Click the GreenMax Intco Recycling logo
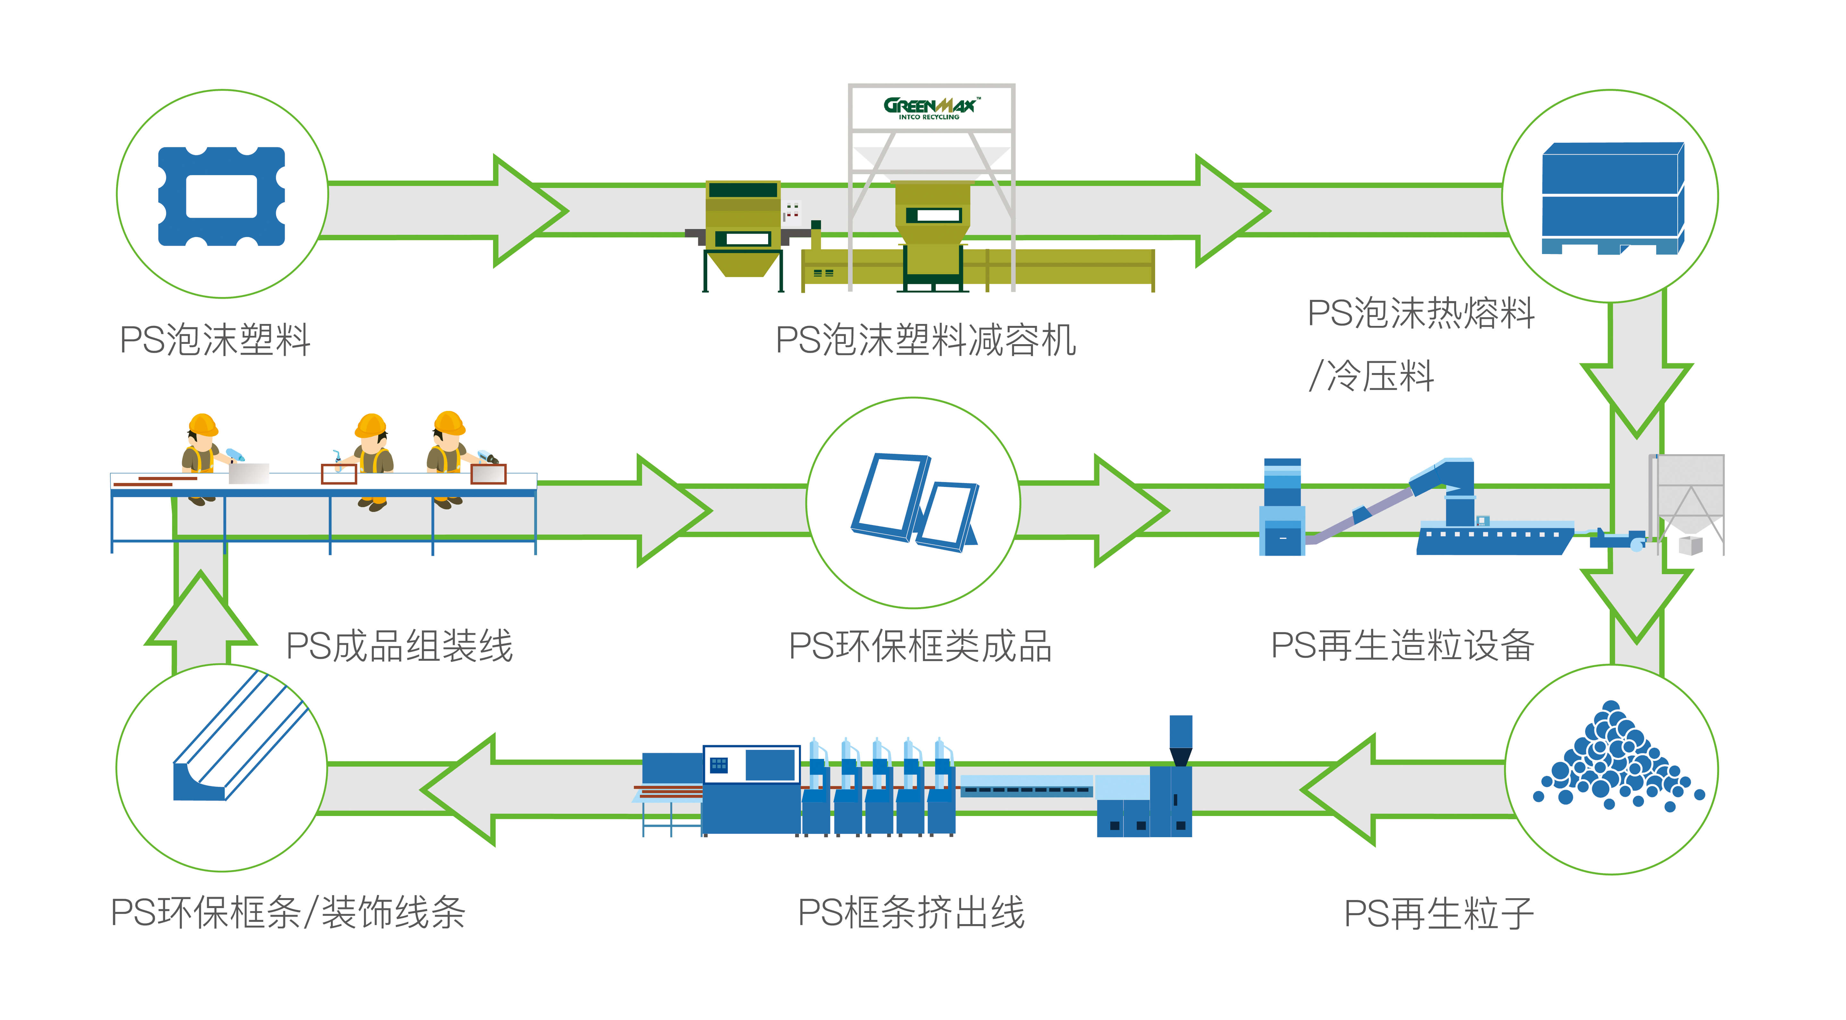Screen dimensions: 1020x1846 (x=930, y=107)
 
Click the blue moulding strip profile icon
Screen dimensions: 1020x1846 (x=237, y=742)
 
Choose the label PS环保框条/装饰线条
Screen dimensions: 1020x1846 (x=287, y=913)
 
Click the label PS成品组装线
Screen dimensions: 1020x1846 (x=399, y=646)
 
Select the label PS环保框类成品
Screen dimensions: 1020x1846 (x=920, y=646)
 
